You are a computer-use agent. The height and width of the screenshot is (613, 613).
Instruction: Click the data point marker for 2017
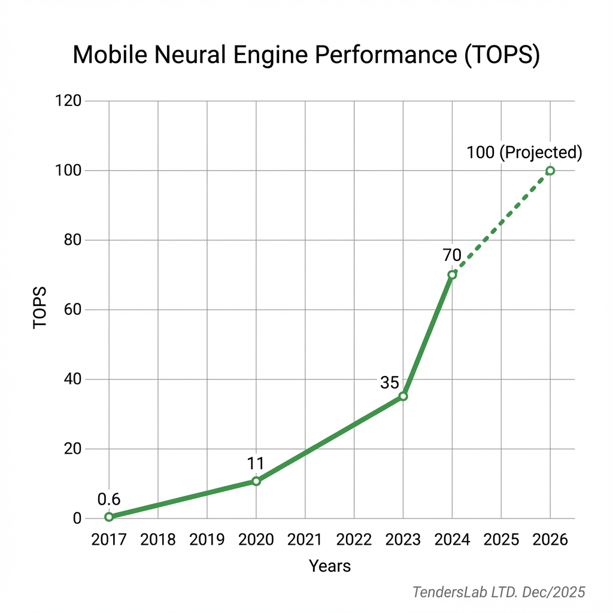109,517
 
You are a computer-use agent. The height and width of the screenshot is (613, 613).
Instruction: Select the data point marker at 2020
256,481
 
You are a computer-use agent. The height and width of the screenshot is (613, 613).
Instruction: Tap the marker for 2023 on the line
403,396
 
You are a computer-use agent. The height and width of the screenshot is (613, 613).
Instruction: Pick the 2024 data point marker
452,275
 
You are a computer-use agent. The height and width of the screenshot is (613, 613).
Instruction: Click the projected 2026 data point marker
550,171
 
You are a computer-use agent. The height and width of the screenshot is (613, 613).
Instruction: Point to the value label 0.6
109,499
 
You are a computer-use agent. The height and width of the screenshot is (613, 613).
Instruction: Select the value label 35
390,382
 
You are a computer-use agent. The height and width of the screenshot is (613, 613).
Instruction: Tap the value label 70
452,256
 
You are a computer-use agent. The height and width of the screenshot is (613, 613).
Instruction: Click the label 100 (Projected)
524,152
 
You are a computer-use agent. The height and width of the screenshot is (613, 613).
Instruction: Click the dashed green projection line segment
502,222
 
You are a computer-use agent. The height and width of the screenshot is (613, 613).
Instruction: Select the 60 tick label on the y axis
72,310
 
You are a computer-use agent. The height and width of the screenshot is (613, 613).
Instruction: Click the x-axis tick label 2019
207,539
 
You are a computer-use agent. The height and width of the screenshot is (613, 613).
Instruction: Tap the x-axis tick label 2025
501,539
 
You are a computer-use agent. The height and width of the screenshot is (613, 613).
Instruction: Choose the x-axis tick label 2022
354,539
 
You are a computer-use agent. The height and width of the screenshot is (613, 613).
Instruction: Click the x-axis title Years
330,566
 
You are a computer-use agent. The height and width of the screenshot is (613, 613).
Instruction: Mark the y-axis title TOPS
40,309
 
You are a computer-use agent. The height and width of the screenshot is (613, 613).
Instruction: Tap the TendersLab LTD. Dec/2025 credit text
499,592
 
